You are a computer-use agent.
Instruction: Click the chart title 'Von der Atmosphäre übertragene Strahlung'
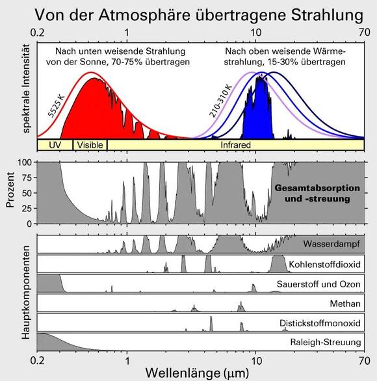[x=198, y=13]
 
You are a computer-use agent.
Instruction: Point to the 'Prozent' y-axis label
[x=10, y=192]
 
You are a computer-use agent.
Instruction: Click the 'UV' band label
[x=55, y=145]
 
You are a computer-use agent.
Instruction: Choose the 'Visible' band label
[x=90, y=145]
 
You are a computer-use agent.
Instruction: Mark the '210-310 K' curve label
[x=220, y=101]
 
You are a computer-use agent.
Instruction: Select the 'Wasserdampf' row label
[x=331, y=245]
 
